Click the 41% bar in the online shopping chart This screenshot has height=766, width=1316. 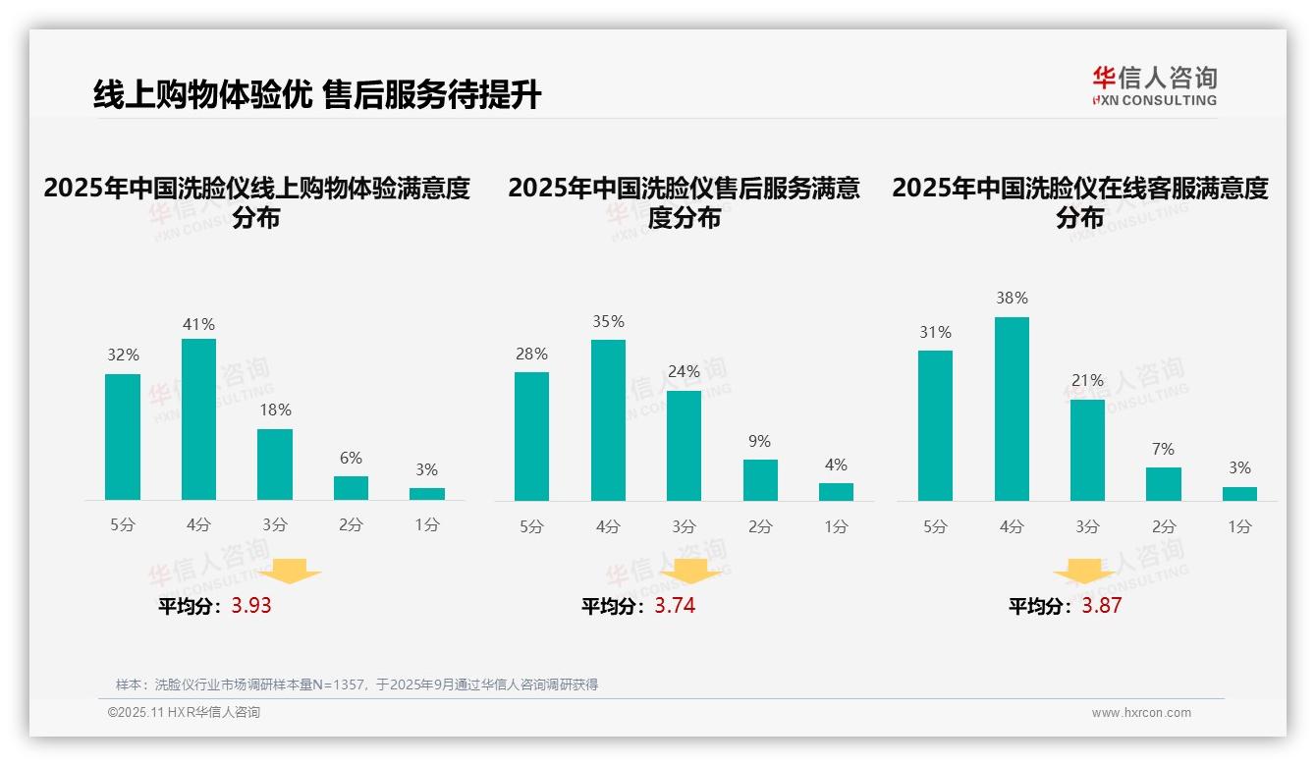pos(198,419)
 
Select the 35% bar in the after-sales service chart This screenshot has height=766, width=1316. pos(608,420)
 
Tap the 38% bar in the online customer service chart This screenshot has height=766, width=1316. pos(1012,409)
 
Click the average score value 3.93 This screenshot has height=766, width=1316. pos(251,606)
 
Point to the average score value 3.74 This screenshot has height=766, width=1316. pos(675,606)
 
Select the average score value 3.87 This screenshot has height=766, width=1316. pos(1101,606)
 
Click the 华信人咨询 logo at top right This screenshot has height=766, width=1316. pos(1154,85)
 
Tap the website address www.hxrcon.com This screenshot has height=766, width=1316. pos(1140,713)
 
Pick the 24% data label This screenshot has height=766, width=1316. pos(684,372)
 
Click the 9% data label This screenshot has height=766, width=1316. pos(759,442)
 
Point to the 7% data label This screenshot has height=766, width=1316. pos(1163,450)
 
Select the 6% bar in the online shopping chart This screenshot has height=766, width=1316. pos(351,488)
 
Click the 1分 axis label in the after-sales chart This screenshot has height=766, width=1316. pos(836,526)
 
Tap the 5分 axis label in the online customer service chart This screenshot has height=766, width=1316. pos(935,526)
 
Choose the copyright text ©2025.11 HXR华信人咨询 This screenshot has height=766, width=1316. pos(184,713)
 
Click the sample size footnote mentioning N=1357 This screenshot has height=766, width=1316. pos(356,684)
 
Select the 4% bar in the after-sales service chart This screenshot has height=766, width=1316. pos(836,492)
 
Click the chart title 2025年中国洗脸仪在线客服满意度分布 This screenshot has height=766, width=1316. pos(1079,202)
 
